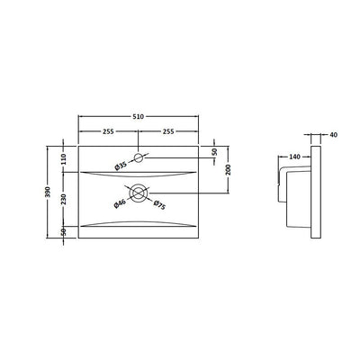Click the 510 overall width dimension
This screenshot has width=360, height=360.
pyautogui.click(x=139, y=115)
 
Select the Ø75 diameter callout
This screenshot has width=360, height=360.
pyautogui.click(x=159, y=206)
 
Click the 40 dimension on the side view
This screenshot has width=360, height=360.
pyautogui.click(x=334, y=135)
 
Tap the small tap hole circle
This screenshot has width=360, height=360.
pyautogui.click(x=138, y=158)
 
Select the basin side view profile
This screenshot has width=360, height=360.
pyautogui.click(x=297, y=193)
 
